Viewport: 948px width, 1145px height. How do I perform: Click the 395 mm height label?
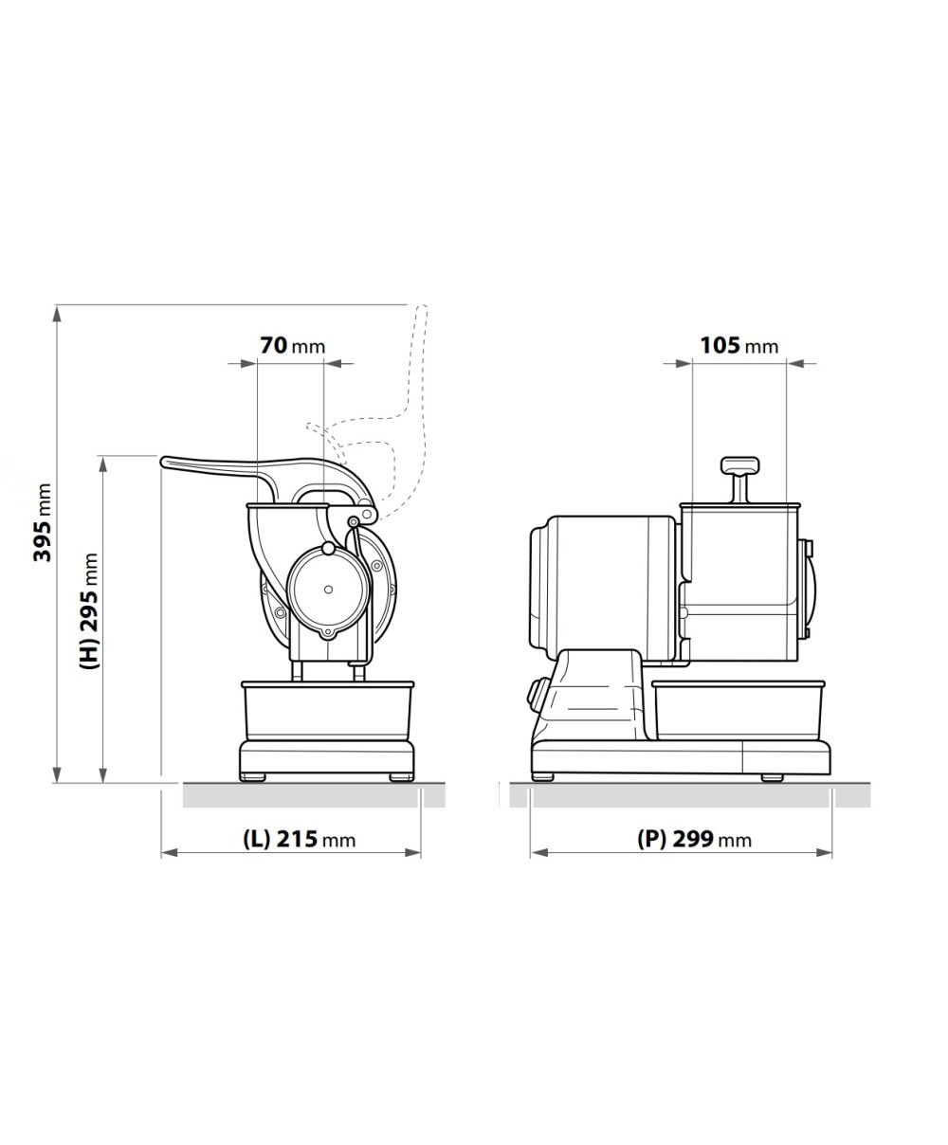43,522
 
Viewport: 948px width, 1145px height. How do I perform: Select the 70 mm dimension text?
292,346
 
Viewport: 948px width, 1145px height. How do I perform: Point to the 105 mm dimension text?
738,346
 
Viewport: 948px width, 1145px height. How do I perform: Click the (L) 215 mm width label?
299,839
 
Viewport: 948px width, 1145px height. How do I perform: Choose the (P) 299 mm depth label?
694,839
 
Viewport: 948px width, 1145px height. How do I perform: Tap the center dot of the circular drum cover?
328,590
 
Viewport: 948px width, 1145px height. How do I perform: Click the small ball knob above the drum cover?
327,548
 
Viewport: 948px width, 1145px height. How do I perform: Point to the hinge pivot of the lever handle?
354,521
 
